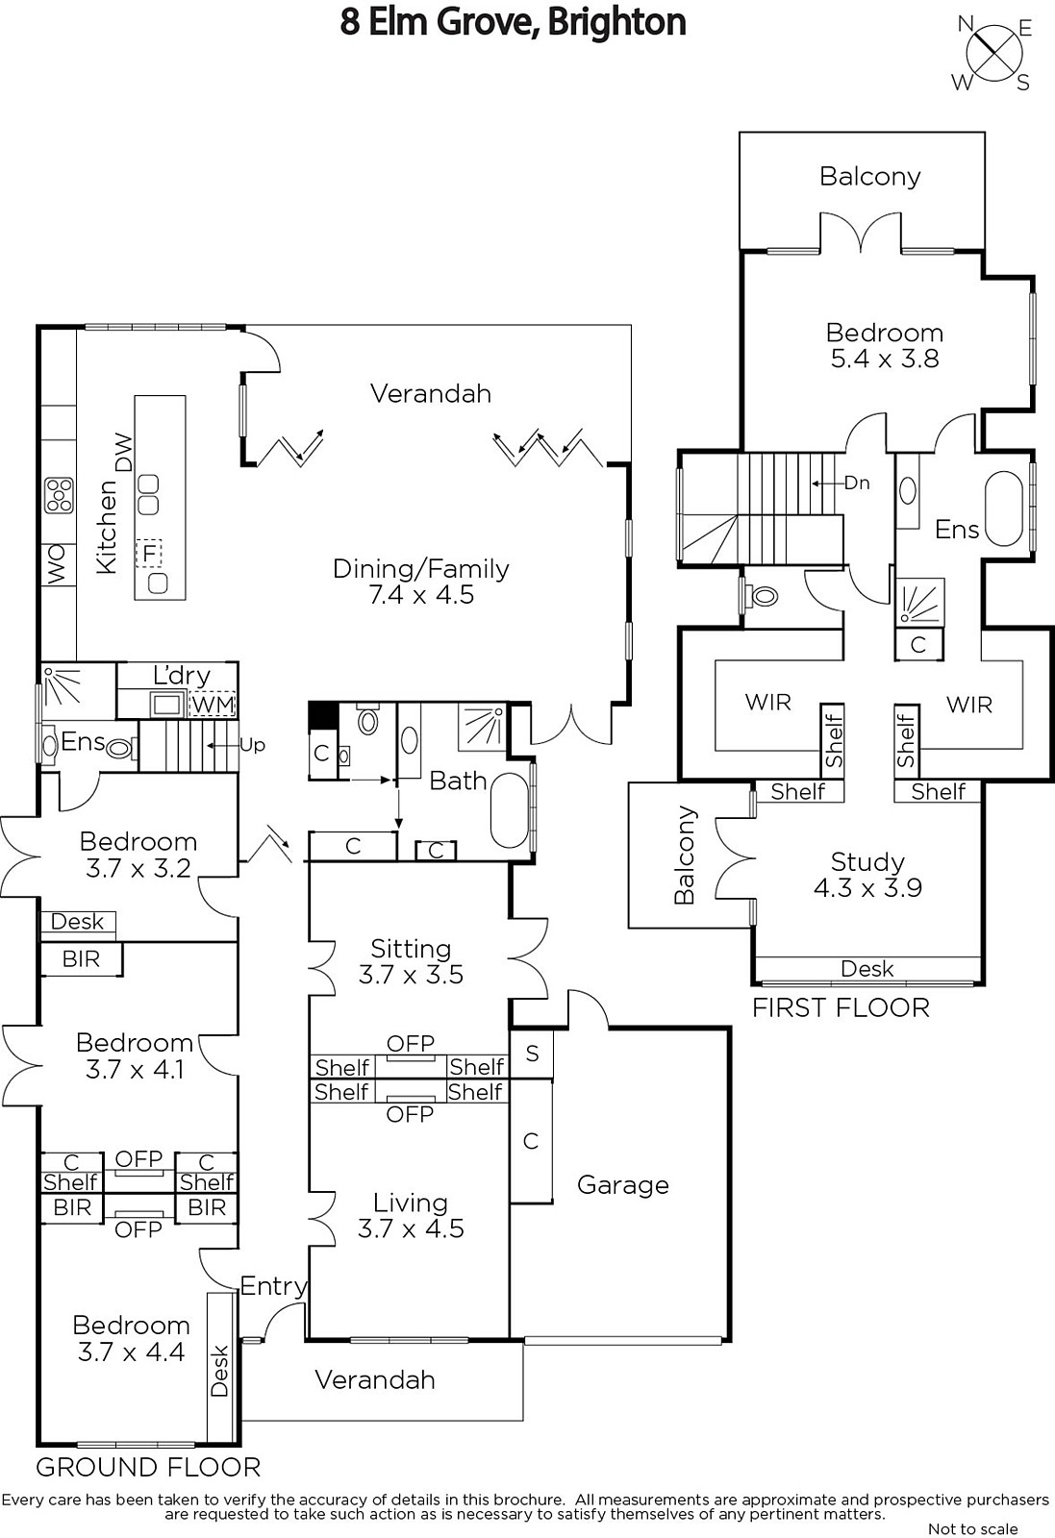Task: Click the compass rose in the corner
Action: pyautogui.click(x=993, y=54)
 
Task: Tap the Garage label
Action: pyautogui.click(x=623, y=1185)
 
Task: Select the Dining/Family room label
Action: pyautogui.click(x=421, y=569)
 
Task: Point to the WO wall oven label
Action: pyautogui.click(x=58, y=564)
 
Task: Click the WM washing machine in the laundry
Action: pyautogui.click(x=213, y=705)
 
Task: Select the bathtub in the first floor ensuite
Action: pyautogui.click(x=1003, y=509)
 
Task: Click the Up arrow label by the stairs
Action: pyautogui.click(x=252, y=745)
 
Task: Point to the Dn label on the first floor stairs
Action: pyautogui.click(x=857, y=483)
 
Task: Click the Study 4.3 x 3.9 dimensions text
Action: pyautogui.click(x=867, y=888)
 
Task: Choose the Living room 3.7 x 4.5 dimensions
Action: pyautogui.click(x=411, y=1228)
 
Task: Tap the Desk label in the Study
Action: pyautogui.click(x=867, y=969)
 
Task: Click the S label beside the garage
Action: pyautogui.click(x=532, y=1054)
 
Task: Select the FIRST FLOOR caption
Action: pyautogui.click(x=841, y=1008)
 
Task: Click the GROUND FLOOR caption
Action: pyautogui.click(x=148, y=1467)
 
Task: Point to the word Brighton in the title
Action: pyautogui.click(x=616, y=23)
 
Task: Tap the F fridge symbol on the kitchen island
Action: pyautogui.click(x=148, y=553)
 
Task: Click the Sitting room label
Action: pyautogui.click(x=411, y=949)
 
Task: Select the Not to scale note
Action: pyautogui.click(x=972, y=1529)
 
